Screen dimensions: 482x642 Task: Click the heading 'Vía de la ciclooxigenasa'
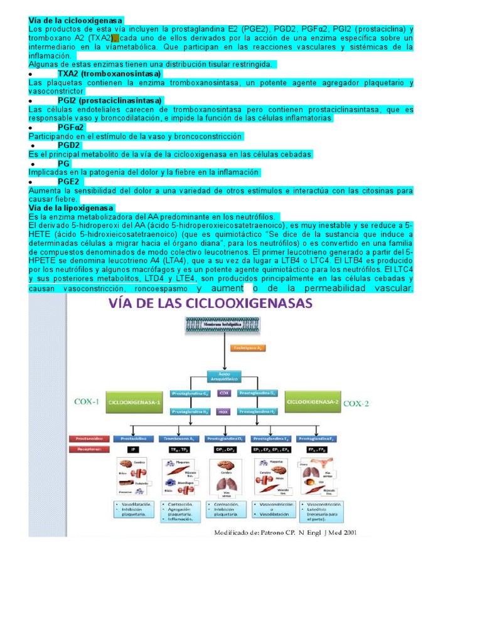(x=76, y=21)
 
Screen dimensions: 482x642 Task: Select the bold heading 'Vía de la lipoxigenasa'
(x=71, y=208)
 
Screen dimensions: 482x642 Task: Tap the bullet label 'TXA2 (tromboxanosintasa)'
(x=109, y=73)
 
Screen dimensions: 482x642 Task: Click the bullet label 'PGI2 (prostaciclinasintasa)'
(x=110, y=100)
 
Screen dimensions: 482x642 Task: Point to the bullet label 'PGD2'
(x=69, y=145)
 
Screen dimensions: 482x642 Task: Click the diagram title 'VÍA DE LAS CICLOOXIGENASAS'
(x=211, y=303)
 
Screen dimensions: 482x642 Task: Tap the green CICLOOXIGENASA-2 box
(x=312, y=401)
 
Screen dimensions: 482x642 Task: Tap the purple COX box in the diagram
(x=224, y=393)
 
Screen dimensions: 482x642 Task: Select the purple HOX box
(x=224, y=412)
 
